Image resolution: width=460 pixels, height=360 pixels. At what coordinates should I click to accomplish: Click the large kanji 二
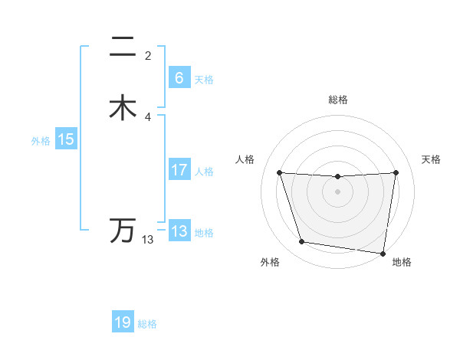point(123,47)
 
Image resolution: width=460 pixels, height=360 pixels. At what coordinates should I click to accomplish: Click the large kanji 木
point(123,107)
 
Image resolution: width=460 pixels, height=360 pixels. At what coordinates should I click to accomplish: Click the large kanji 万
point(123,230)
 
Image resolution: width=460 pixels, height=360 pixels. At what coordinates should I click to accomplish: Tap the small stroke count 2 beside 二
point(148,56)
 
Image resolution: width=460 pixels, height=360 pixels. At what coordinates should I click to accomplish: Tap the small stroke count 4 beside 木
point(148,116)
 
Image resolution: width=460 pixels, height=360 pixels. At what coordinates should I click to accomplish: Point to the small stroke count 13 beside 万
point(147,240)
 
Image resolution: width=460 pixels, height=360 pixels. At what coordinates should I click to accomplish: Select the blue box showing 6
point(179,78)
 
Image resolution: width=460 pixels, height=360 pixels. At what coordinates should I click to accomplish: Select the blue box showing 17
point(179,170)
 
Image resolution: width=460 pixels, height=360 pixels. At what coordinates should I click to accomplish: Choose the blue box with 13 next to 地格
point(179,231)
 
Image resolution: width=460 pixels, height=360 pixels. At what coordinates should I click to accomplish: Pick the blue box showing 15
point(66,139)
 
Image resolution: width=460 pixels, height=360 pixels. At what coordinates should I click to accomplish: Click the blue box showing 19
point(123,322)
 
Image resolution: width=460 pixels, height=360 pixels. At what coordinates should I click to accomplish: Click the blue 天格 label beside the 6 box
point(204,80)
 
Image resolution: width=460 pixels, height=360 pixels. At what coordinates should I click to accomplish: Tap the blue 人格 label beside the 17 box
point(204,172)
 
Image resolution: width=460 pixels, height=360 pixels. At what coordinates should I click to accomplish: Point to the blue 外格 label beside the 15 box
point(41,141)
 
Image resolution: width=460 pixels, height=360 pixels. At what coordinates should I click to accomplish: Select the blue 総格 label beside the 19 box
point(147,324)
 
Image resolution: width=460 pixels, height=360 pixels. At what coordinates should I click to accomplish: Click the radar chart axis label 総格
point(337,100)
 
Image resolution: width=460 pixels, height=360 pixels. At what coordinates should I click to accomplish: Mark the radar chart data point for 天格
point(396,172)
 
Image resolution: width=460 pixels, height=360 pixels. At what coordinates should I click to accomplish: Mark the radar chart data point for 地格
point(383,253)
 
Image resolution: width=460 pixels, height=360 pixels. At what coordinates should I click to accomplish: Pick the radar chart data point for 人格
point(279,172)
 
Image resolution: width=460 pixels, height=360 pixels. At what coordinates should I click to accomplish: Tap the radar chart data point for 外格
point(301,242)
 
